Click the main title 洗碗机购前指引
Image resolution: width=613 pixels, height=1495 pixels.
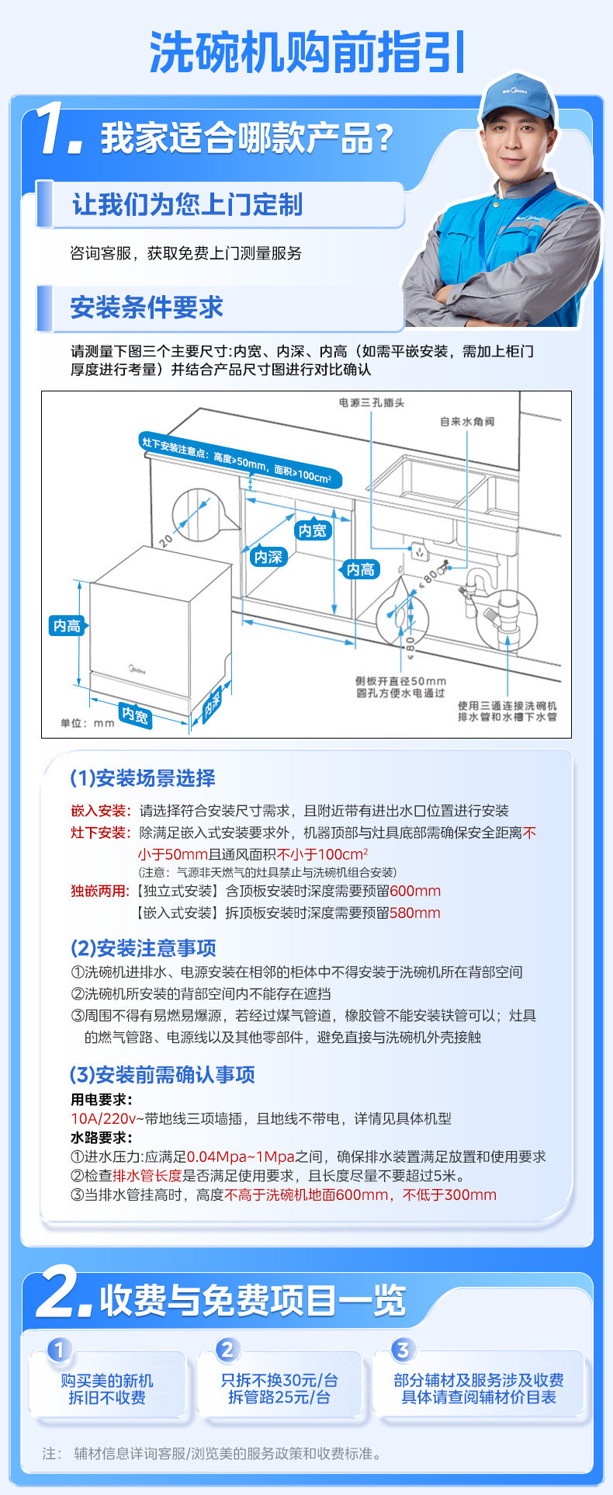[307, 53]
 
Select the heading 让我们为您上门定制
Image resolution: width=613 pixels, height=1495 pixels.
[187, 205]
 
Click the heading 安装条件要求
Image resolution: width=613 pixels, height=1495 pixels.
[147, 308]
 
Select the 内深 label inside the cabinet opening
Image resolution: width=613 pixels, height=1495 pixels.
[268, 557]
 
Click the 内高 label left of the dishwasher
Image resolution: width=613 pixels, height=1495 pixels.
[67, 626]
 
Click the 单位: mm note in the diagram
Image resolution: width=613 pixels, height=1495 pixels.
[87, 723]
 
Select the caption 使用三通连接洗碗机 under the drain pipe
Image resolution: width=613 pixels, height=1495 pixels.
[507, 705]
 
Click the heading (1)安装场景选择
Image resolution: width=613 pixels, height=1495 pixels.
[143, 778]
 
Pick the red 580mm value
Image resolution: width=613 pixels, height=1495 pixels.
[414, 913]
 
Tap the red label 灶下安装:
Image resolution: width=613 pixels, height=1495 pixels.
[101, 833]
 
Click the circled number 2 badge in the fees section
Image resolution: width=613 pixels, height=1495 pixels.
[227, 1350]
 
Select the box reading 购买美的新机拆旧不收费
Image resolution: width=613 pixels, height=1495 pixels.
[107, 1389]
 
